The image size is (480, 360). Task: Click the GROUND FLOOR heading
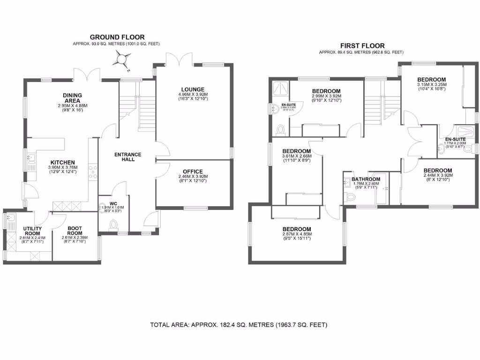pos(117,37)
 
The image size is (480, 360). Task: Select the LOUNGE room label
pos(193,90)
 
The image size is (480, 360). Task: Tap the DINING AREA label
pos(72,98)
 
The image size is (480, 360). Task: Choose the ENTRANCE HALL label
pos(127,157)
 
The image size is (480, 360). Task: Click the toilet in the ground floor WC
pos(112,226)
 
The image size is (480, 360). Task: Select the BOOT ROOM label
pos(75,231)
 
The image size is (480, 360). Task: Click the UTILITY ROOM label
pos(33,231)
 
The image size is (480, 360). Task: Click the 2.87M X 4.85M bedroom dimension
pos(297,234)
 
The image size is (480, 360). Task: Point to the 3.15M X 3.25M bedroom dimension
pos(432,85)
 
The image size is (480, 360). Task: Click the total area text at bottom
pos(239,324)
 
